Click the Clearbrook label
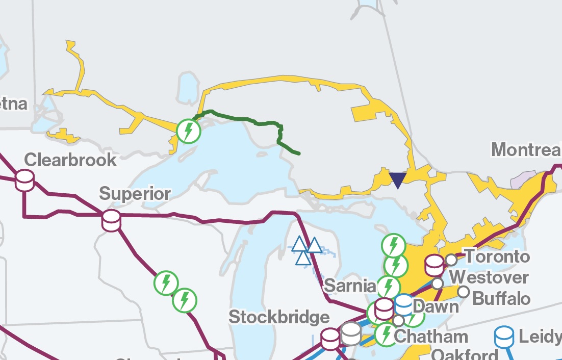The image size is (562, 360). click(70, 160)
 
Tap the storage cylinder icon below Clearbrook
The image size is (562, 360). click(24, 181)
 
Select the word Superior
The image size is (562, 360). click(135, 194)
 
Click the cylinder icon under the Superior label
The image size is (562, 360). click(111, 221)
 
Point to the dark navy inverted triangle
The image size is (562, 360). click(397, 180)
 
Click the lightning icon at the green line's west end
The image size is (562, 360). click(189, 132)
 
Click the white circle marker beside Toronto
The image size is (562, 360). click(451, 260)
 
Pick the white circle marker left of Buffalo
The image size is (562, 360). click(464, 292)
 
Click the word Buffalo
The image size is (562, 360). click(502, 298)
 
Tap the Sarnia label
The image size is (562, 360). click(349, 286)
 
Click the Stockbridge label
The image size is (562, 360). click(279, 317)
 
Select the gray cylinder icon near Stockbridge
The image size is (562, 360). click(351, 333)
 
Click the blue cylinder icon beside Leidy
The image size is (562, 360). click(504, 336)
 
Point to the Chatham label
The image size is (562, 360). click(431, 337)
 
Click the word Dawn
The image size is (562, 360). click(436, 306)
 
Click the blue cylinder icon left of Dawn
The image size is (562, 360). click(404, 304)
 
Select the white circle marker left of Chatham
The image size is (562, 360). click(398, 320)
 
